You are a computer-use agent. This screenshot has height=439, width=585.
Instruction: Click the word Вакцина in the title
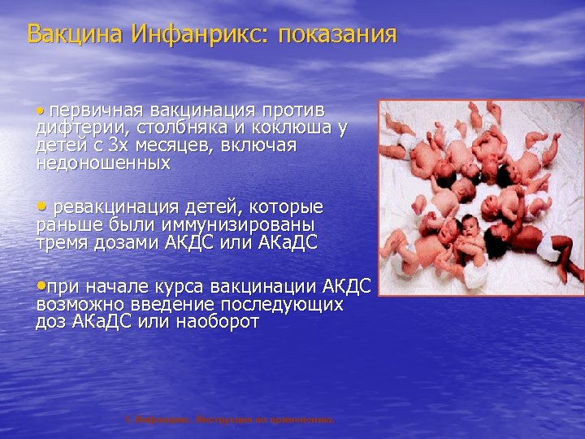pos(67,34)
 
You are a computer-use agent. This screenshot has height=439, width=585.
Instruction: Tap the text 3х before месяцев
pos(118,146)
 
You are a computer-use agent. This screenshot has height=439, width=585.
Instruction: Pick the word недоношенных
pos(103,163)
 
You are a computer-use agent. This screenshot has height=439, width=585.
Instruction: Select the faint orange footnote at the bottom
pos(228,420)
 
